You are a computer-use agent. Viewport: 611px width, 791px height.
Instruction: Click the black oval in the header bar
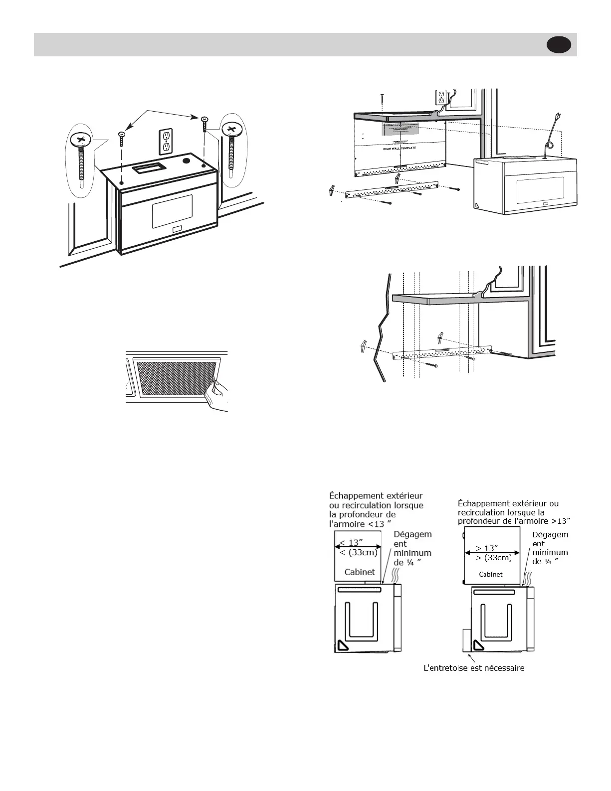click(x=559, y=45)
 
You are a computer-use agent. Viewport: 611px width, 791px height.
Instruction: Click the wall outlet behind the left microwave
click(x=166, y=141)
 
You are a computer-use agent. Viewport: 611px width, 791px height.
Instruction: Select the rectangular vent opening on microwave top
click(x=147, y=168)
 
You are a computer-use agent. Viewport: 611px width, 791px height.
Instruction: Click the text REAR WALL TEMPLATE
click(x=399, y=149)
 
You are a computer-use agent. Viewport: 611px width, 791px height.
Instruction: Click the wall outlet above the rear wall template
click(x=441, y=97)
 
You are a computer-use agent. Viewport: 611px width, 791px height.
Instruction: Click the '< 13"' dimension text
click(x=351, y=542)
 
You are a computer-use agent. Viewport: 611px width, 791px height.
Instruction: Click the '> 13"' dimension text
click(x=486, y=548)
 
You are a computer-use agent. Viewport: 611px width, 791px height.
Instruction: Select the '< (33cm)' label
click(x=358, y=552)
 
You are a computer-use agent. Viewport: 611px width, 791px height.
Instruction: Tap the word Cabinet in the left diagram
click(x=359, y=572)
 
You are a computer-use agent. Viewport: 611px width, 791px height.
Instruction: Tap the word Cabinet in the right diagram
click(x=490, y=574)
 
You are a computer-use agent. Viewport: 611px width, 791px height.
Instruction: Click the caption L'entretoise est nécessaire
click(x=473, y=668)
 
